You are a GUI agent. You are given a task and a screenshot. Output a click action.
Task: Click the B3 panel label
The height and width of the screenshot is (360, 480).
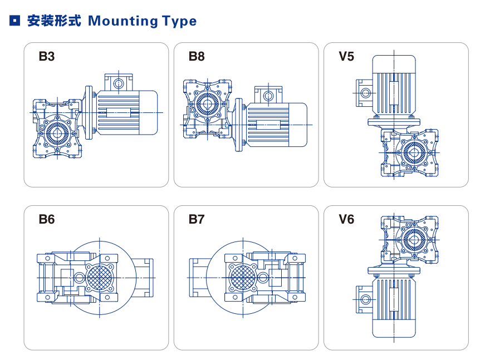(x=47, y=57)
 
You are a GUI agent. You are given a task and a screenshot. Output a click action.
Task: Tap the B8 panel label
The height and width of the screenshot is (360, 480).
(x=197, y=57)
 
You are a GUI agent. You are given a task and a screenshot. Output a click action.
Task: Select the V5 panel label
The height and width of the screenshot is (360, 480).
(x=346, y=57)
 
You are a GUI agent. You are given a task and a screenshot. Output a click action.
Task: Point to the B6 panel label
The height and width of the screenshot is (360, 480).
(x=47, y=219)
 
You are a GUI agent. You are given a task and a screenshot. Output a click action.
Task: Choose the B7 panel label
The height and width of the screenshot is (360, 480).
(x=197, y=219)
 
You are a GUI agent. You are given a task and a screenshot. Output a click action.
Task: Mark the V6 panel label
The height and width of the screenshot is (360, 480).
(x=346, y=219)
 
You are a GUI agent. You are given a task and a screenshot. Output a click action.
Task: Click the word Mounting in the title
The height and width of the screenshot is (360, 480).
(x=123, y=22)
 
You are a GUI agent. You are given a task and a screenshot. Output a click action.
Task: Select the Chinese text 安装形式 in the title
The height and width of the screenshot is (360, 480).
(x=54, y=21)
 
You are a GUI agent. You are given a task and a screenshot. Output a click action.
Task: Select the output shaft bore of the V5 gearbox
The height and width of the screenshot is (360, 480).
(x=414, y=151)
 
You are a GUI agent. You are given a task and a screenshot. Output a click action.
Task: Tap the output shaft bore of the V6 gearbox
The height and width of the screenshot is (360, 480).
(x=413, y=239)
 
